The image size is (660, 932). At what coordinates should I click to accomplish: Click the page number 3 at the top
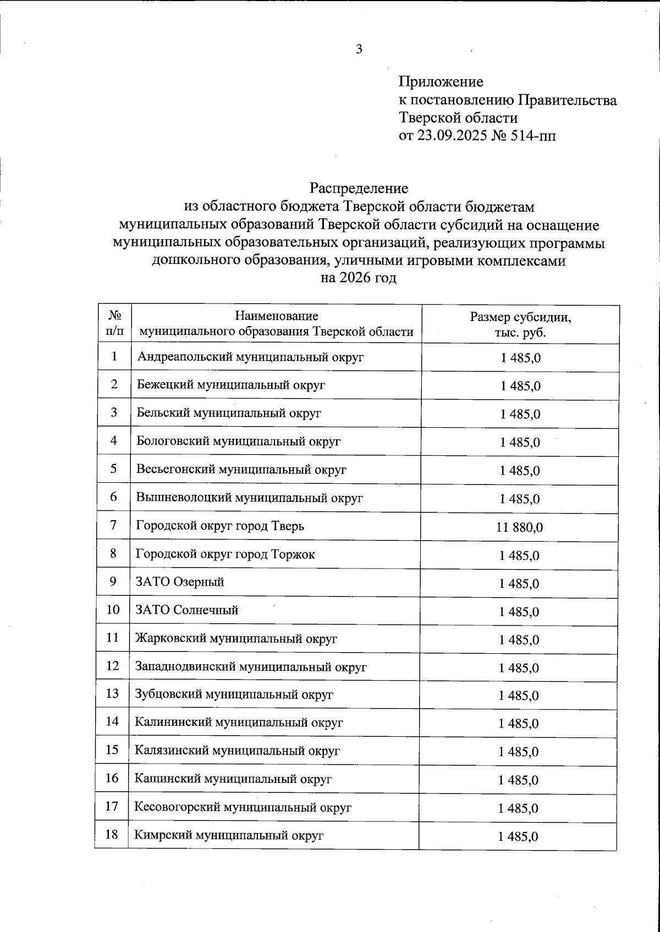point(359,49)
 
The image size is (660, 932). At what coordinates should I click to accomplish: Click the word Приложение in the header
point(441,82)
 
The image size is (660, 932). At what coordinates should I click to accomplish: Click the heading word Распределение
point(359,189)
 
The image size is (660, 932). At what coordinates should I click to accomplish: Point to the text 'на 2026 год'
point(359,278)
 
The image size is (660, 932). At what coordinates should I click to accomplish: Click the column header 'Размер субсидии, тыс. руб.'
point(520,325)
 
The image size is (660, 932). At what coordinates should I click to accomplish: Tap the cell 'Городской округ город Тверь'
point(220,526)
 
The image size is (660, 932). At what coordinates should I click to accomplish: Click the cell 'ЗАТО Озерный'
point(180,582)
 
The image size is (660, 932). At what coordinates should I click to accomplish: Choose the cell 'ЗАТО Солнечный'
point(186,610)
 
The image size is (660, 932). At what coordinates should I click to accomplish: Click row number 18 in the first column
point(112,835)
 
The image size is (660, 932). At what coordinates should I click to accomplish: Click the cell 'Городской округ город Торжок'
point(226,554)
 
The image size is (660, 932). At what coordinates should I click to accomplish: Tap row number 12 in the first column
point(112,666)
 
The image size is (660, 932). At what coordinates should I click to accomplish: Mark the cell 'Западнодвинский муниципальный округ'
point(251,667)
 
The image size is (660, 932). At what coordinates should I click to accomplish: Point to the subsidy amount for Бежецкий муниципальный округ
point(520,386)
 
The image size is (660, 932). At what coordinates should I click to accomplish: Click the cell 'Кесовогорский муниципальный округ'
point(243,807)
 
